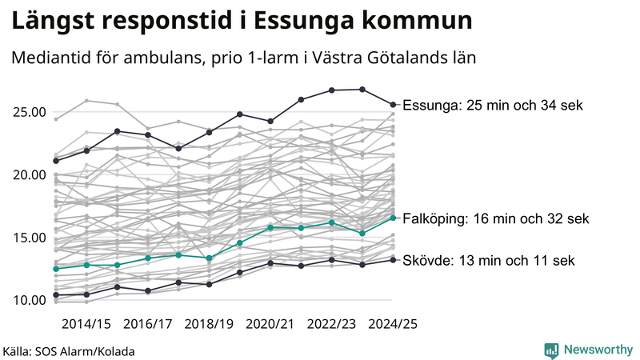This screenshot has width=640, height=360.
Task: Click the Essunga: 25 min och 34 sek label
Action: pos(493,106)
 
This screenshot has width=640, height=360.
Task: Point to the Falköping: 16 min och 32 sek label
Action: pos(496,218)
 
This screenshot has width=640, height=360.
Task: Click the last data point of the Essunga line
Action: pos(393,104)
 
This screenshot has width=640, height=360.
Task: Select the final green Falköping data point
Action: pos(393,218)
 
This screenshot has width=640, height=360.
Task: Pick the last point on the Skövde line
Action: pos(393,259)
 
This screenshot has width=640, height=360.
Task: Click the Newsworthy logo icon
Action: pos(551,350)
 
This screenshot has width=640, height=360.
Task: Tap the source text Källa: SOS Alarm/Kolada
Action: pos(68,351)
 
